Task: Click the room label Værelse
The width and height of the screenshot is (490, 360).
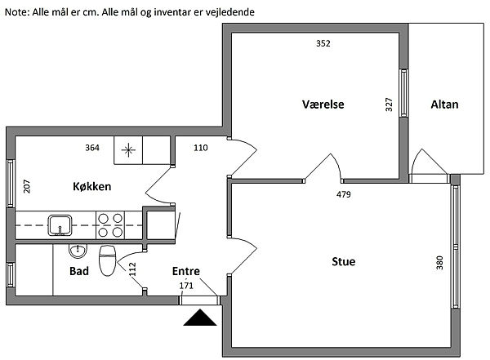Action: (323, 104)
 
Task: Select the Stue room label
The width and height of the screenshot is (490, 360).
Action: (343, 261)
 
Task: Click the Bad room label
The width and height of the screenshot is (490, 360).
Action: (78, 270)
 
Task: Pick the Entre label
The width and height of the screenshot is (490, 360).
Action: (186, 271)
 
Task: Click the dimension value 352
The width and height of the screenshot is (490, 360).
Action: (323, 44)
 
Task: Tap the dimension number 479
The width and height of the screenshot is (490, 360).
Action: (345, 195)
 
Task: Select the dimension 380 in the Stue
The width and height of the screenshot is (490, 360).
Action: (439, 262)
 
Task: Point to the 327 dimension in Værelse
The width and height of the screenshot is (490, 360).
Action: (390, 104)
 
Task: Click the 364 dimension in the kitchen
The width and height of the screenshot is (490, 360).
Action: (92, 148)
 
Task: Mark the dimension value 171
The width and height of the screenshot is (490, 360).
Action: (186, 285)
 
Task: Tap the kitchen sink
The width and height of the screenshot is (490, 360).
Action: (60, 223)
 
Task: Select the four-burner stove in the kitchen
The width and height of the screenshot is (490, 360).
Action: (109, 223)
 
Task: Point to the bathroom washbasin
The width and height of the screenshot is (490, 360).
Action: (78, 250)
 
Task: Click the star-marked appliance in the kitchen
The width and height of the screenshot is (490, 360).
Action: (128, 149)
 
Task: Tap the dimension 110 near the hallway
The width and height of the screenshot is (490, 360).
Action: (201, 148)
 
